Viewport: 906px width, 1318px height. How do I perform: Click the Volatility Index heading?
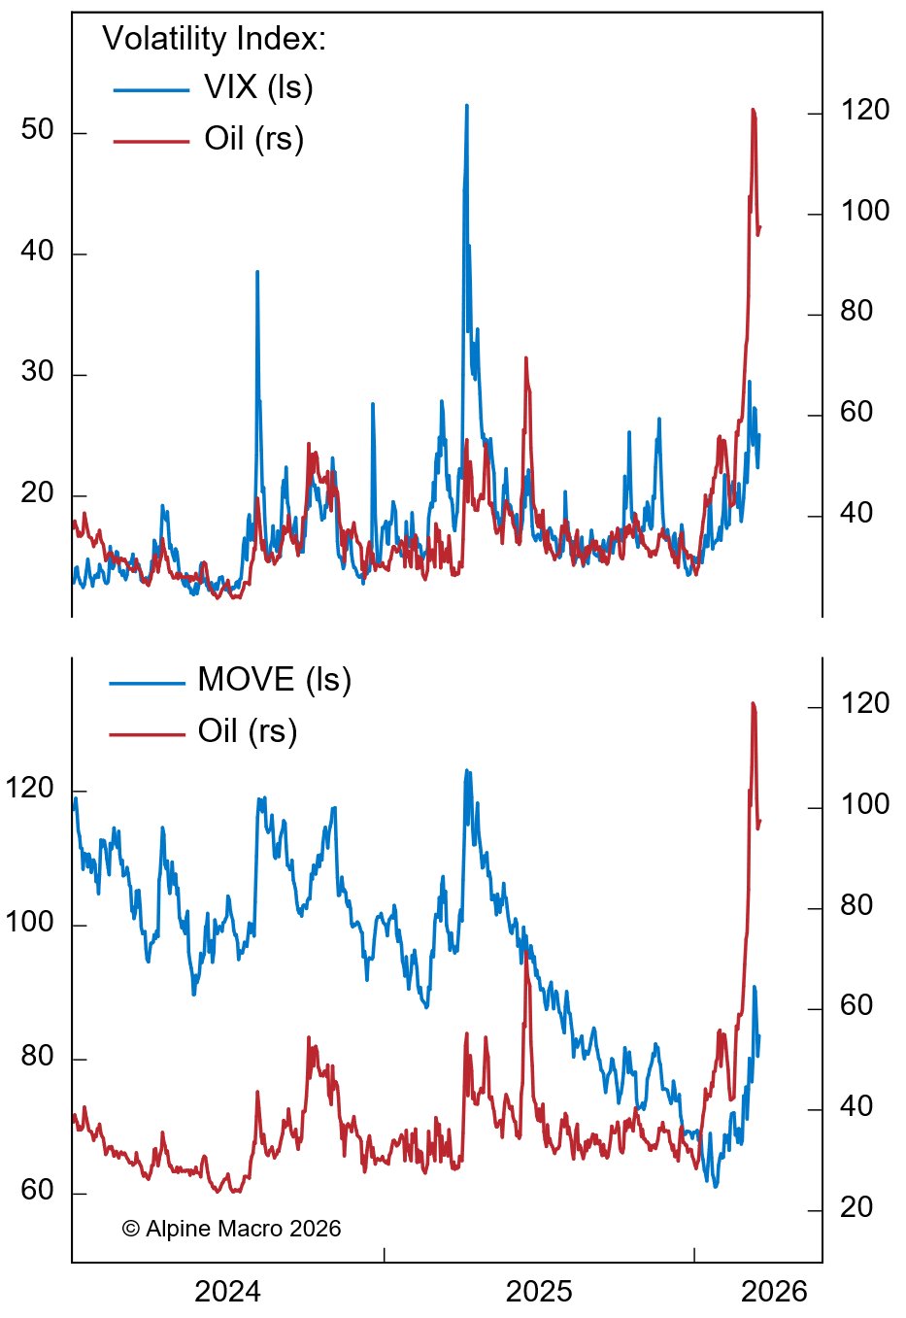coord(214,39)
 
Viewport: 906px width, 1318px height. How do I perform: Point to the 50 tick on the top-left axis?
coord(37,130)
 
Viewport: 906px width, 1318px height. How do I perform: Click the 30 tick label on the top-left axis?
coord(37,372)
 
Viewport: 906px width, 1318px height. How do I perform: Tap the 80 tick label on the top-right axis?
coord(856,312)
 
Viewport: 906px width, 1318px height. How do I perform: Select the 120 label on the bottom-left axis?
coord(29,789)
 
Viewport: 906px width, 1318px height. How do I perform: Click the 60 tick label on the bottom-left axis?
coord(37,1191)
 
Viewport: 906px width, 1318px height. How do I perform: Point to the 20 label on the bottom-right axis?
coord(856,1207)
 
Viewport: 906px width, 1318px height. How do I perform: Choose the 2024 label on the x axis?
coord(227,1292)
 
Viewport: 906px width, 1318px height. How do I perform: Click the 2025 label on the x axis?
coord(539,1292)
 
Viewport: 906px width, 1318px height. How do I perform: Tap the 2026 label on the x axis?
coord(774,1292)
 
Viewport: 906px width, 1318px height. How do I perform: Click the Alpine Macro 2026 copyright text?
coord(232,1229)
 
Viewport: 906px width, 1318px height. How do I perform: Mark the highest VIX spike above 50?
coord(467,106)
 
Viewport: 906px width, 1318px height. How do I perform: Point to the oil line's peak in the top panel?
coord(753,110)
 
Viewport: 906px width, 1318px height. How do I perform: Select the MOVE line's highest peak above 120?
coord(467,771)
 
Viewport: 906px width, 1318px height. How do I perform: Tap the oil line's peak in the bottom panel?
coord(753,703)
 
